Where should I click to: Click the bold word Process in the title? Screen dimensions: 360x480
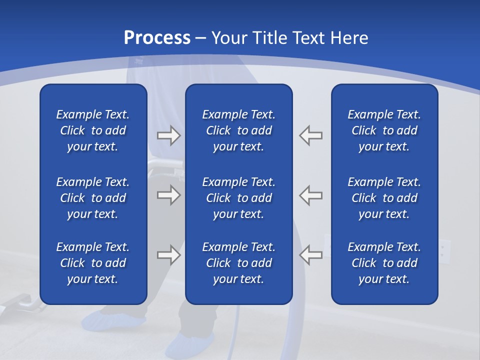pos(157,37)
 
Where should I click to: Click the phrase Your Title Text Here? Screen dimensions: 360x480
pos(289,37)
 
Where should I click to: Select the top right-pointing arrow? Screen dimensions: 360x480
pos(168,135)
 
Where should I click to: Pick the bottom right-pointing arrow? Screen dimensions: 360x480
pos(168,255)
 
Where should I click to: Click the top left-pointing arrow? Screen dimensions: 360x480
pos(311,135)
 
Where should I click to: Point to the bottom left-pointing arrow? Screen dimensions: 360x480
pos(311,255)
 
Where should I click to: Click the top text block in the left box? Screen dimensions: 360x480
pos(93,130)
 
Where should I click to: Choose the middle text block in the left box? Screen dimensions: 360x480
pos(93,198)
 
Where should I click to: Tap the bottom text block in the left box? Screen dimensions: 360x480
pos(93,263)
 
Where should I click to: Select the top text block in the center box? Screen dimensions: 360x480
pos(238,130)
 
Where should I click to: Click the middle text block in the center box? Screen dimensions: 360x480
pos(238,198)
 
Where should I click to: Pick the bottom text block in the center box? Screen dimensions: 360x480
pos(238,263)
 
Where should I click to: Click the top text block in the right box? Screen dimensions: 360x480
pos(384,130)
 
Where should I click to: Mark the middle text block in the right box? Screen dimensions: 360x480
pos(384,198)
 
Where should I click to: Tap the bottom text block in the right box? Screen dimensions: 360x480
pos(384,263)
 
